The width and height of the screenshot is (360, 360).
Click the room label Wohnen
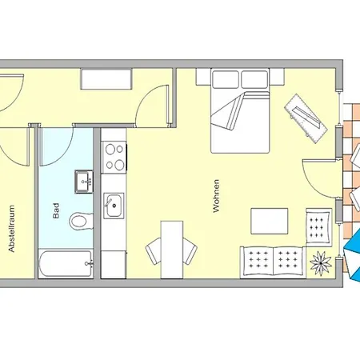[x=216, y=196]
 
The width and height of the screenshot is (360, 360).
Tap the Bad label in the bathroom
[x=56, y=211]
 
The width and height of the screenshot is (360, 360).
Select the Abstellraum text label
[x=11, y=229]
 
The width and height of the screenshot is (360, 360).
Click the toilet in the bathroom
[x=82, y=221]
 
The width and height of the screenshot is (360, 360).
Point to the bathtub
[x=66, y=264]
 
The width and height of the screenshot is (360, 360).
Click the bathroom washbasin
[x=84, y=182]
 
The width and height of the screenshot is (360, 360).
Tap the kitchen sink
[x=114, y=205]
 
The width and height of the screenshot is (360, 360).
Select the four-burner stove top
[x=114, y=157]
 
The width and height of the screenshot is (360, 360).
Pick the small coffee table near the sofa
[x=270, y=221]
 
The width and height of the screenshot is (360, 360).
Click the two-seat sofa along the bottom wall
[x=273, y=262]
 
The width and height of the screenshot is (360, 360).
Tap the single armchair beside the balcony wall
[x=319, y=226]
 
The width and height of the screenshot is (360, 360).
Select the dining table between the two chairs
[x=172, y=250]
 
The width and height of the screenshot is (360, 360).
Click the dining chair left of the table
[x=154, y=251]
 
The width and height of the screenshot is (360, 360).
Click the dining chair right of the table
[x=190, y=251]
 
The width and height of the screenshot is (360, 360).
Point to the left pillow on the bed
[x=225, y=79]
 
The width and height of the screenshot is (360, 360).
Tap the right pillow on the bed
[x=254, y=79]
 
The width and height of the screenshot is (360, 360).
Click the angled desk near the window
[x=306, y=118]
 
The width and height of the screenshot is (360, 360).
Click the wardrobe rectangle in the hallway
[x=106, y=79]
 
